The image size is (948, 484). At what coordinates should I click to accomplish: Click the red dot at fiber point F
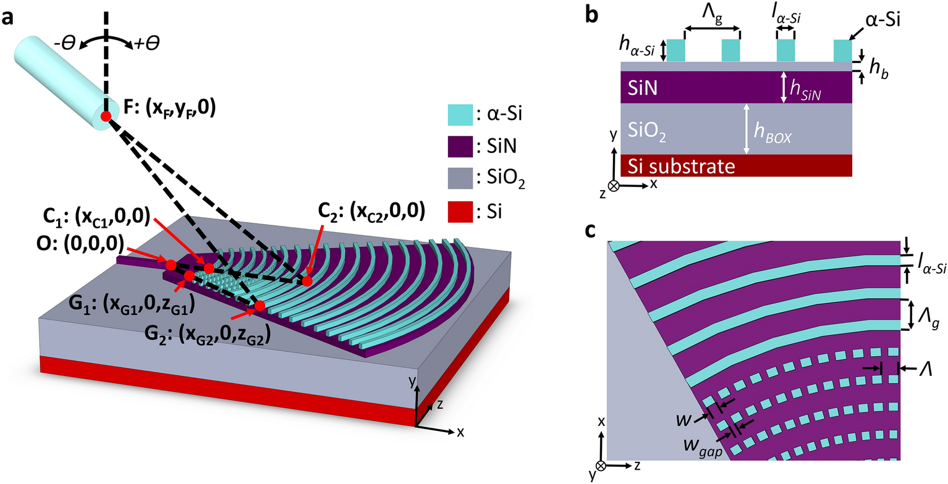(x=106, y=116)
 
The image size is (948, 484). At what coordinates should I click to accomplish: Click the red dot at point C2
(x=307, y=281)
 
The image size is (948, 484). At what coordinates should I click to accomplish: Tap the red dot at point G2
(x=260, y=305)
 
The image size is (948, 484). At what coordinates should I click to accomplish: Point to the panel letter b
(x=591, y=17)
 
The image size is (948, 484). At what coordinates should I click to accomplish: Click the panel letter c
(x=591, y=230)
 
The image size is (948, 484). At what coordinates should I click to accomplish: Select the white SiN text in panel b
(x=640, y=88)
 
